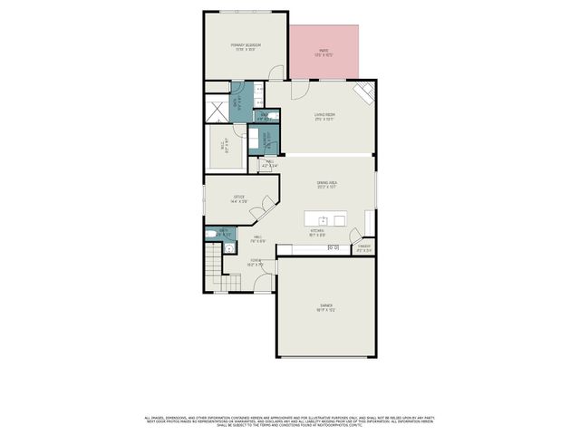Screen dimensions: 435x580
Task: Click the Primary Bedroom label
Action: [x=246, y=46]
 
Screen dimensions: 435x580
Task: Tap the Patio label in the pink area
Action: [x=324, y=53]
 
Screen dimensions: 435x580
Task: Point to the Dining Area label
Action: [x=327, y=185]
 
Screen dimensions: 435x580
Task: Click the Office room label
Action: [x=239, y=198]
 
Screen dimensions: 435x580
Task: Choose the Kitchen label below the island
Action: [x=317, y=233]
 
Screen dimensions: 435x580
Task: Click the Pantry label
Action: [x=364, y=247]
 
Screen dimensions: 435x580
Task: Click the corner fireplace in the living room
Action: [x=363, y=93]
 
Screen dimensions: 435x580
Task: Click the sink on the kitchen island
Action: [x=323, y=220]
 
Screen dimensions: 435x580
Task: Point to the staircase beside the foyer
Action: [x=213, y=268]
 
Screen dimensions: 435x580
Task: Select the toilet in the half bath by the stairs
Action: [x=211, y=233]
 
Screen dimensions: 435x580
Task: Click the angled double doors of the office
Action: [x=263, y=208]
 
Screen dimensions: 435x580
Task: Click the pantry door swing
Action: [x=369, y=225]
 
